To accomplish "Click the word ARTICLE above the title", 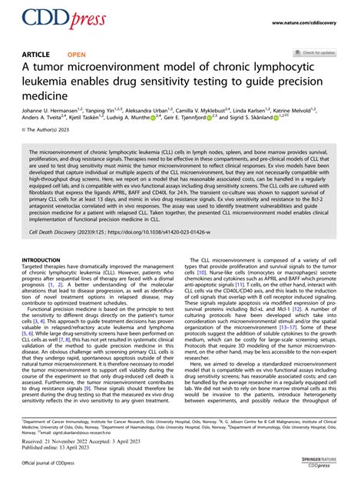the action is point(38,55).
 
